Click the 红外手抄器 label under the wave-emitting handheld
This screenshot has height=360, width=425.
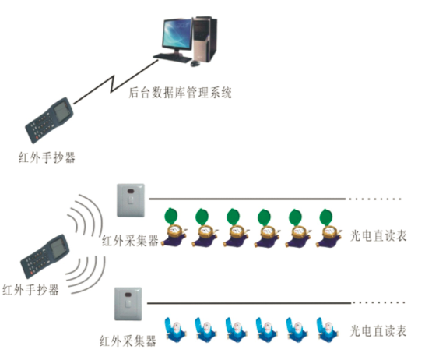coord(31,291)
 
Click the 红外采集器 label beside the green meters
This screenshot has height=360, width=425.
coord(130,241)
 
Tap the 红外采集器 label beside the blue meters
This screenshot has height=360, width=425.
coord(128,341)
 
